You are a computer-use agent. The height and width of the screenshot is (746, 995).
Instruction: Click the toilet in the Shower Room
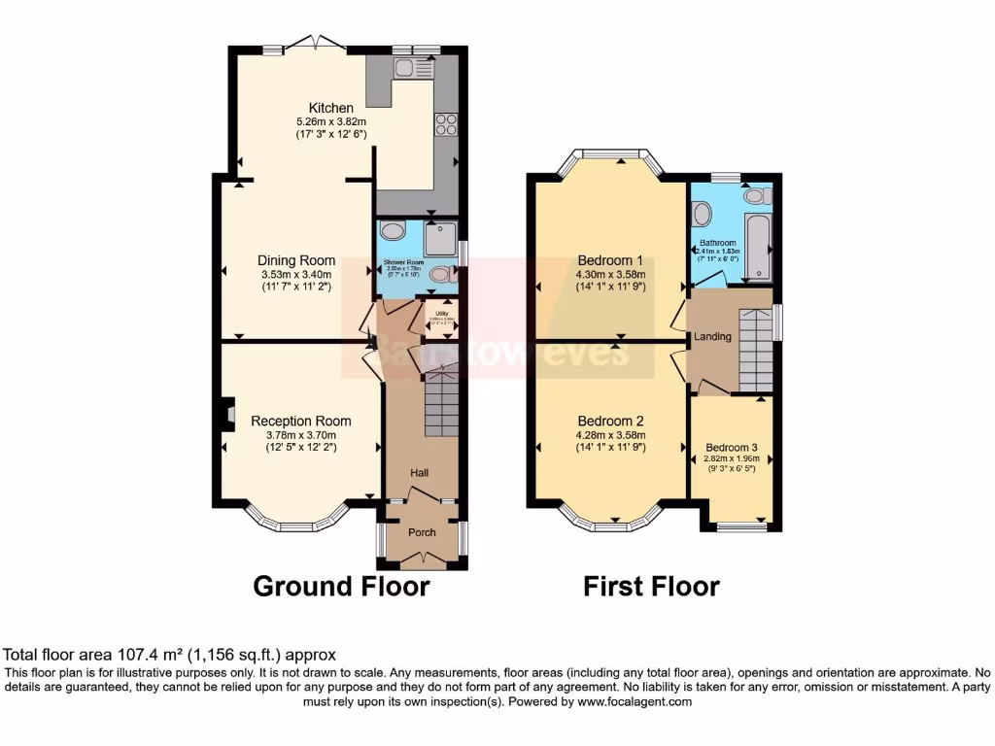click(441, 275)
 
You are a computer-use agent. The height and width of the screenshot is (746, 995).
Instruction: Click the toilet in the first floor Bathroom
click(753, 196)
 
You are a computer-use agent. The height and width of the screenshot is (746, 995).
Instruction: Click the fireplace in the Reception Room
click(226, 415)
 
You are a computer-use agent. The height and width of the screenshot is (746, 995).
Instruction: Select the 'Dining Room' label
click(296, 260)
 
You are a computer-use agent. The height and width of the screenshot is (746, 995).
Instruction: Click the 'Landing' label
click(712, 336)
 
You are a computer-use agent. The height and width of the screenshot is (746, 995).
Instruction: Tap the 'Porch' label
click(422, 532)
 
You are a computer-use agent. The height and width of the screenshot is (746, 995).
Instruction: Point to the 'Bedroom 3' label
click(732, 448)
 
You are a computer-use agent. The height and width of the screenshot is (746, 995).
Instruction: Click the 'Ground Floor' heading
click(341, 587)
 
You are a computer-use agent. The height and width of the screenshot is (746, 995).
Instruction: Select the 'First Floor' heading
click(651, 587)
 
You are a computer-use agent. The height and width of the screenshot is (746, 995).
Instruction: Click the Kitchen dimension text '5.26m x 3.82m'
click(331, 121)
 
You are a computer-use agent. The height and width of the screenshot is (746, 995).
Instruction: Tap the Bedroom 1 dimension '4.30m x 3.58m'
click(610, 275)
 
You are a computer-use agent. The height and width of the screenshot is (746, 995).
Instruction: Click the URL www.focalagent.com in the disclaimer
click(635, 701)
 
